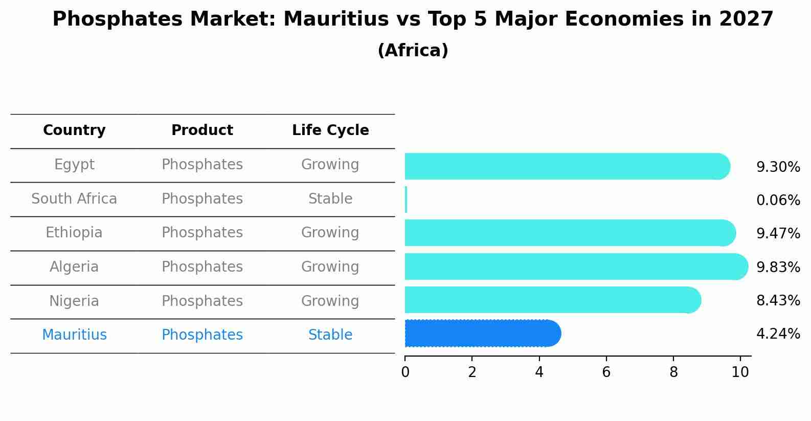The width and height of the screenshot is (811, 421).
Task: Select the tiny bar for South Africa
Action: (406, 200)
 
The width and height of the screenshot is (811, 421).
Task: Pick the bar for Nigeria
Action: (552, 300)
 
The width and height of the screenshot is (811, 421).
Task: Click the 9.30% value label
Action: (778, 167)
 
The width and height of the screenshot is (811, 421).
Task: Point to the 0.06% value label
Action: (778, 201)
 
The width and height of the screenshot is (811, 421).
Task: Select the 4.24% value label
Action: (778, 334)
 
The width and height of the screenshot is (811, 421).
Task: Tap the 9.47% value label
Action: (778, 234)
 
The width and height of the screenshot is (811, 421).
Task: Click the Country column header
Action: (74, 130)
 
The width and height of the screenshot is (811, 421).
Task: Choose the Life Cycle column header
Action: (330, 130)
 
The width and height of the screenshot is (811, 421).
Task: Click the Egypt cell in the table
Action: (74, 165)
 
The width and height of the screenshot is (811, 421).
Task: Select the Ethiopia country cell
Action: (74, 233)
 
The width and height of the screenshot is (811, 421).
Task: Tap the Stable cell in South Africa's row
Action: (330, 199)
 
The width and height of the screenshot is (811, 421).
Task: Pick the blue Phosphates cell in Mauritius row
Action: (202, 335)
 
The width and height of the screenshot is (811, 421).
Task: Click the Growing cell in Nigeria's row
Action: (330, 301)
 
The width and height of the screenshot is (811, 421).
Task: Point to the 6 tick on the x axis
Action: (606, 372)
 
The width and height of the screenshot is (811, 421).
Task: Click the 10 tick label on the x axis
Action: (740, 372)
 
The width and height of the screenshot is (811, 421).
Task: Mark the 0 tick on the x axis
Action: (405, 372)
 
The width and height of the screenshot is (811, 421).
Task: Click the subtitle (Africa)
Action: (413, 51)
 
